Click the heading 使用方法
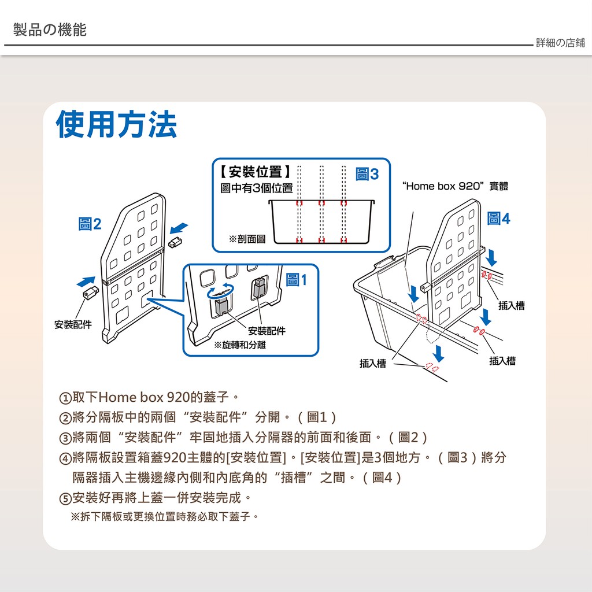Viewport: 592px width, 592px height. pos(116,125)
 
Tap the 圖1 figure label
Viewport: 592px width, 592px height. pos(297,280)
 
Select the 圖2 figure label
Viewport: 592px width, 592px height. pos(90,224)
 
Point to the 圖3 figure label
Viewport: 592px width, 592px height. pos(367,174)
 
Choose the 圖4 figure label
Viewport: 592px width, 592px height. pos(498,218)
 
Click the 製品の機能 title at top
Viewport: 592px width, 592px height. pos(50,29)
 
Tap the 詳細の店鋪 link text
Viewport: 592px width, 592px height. pos(560,43)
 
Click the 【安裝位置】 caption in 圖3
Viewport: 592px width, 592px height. pos(256,172)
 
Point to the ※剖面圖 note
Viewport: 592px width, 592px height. pos(247,239)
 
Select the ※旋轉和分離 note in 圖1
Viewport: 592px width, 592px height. pos(240,345)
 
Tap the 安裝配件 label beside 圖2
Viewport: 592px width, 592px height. pos(73,325)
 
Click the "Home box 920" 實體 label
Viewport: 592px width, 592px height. pos(456,186)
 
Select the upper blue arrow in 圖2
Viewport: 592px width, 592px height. pos(179,228)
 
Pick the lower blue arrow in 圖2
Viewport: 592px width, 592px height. pos(86,282)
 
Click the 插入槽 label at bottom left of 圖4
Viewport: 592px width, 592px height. pos(373,364)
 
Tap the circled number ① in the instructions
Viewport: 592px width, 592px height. pos(65,398)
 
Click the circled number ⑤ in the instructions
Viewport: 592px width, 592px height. pos(65,499)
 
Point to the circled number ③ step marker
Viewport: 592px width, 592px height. pos(65,438)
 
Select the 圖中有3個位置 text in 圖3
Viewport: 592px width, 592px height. pos(257,188)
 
